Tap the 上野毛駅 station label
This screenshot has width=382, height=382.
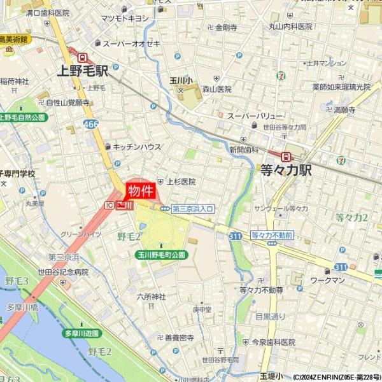(82, 71)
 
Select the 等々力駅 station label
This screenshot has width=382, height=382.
(286, 170)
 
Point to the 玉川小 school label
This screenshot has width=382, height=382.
(181, 80)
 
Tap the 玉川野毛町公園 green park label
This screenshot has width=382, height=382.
(161, 254)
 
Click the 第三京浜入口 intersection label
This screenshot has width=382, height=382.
(192, 208)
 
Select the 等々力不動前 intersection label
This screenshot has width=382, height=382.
(272, 235)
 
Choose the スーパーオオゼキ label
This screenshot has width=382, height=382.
(132, 43)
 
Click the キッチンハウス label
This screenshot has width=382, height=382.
(137, 146)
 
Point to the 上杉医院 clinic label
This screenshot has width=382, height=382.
(181, 181)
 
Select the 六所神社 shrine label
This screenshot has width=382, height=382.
(151, 297)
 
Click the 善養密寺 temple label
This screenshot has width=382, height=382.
(179, 338)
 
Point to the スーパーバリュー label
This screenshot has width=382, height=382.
(255, 116)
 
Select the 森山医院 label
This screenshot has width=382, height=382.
(216, 90)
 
